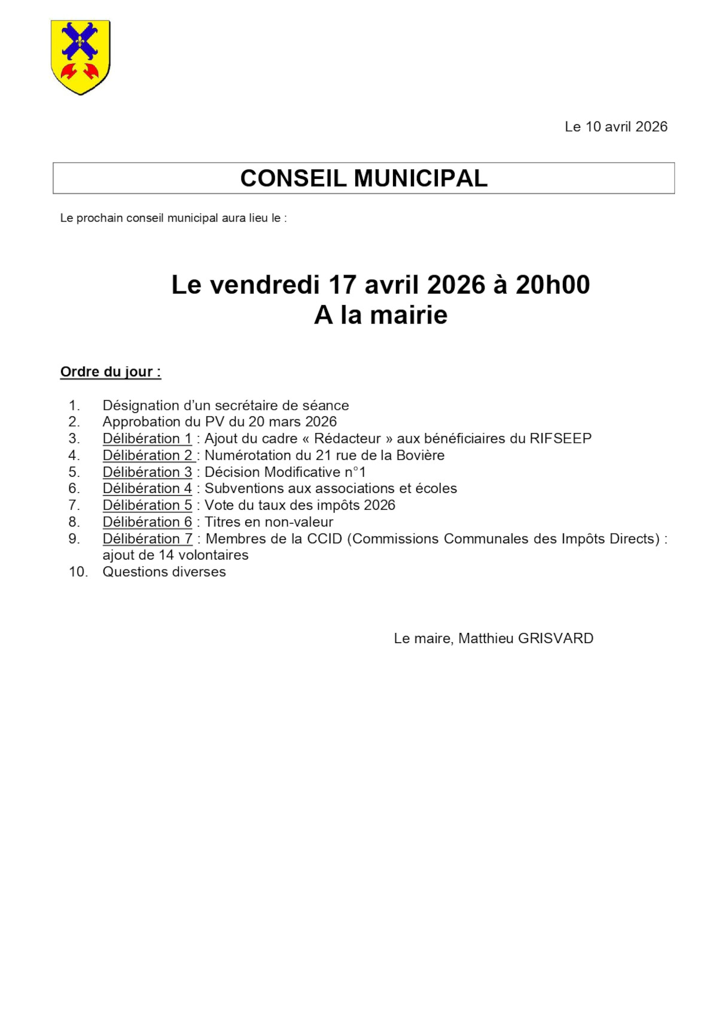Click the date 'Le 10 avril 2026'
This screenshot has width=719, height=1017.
pyautogui.click(x=616, y=127)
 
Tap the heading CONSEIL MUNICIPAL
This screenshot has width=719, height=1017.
pyautogui.click(x=364, y=178)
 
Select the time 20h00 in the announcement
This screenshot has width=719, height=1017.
pyautogui.click(x=552, y=285)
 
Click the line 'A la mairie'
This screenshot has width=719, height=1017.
pyautogui.click(x=380, y=315)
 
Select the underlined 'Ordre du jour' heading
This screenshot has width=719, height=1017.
pyautogui.click(x=110, y=372)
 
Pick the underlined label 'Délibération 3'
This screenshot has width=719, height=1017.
pyautogui.click(x=147, y=472)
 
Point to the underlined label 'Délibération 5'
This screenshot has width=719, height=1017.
pyautogui.click(x=147, y=506)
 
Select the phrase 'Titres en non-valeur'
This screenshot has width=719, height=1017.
pyautogui.click(x=269, y=522)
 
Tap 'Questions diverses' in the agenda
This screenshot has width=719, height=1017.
pyautogui.click(x=164, y=572)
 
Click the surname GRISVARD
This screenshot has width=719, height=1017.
pyautogui.click(x=555, y=639)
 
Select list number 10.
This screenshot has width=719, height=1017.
pyautogui.click(x=78, y=572)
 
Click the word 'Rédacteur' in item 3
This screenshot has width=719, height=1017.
pyautogui.click(x=347, y=439)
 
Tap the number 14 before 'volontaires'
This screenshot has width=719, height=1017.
pyautogui.click(x=166, y=555)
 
